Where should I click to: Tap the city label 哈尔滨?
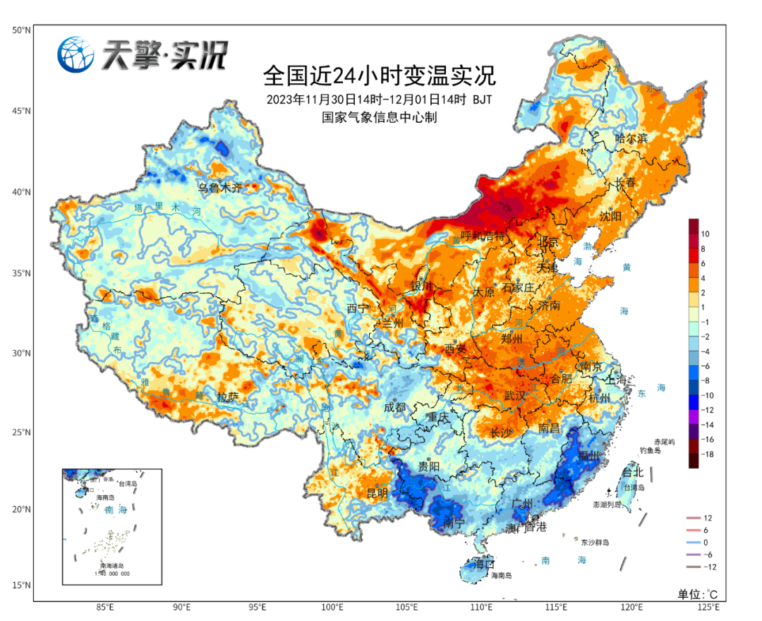tap(631, 138)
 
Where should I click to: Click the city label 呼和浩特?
tap(483, 236)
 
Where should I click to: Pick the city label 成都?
tap(395, 407)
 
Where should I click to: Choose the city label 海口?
tap(485, 565)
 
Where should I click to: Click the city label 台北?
tap(632, 472)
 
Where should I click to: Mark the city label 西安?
tap(456, 349)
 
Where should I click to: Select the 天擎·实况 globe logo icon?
tap(76, 54)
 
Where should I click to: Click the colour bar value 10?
tap(705, 234)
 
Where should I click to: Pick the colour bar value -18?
tap(707, 455)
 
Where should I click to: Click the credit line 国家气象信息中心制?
tap(380, 117)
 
